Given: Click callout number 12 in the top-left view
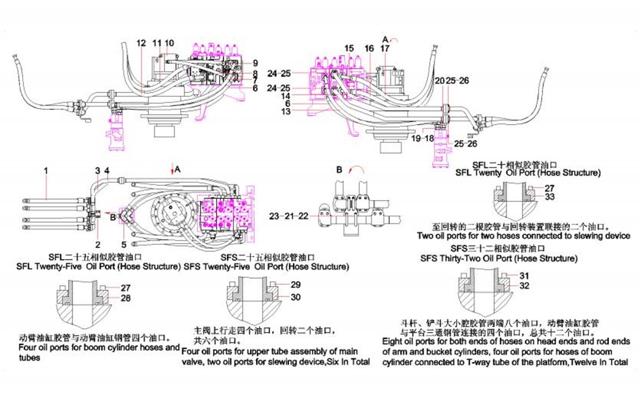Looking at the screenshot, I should pos(141,43).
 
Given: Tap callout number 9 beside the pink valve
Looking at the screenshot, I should pos(255,63).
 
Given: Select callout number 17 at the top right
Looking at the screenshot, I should pos(385,48).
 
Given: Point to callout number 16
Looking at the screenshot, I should pos(368,48).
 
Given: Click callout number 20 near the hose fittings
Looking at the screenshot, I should pos(439,80).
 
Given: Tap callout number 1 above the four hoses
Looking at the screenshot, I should pos(45,169).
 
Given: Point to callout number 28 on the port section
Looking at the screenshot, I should pos(125,298).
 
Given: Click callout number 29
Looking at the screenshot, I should pos(295,285).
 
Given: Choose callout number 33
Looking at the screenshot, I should pos(549,197).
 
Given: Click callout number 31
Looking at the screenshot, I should pos(524,275).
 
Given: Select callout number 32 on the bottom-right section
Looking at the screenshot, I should pos(524,285).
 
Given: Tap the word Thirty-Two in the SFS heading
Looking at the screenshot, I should pos(466,259).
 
